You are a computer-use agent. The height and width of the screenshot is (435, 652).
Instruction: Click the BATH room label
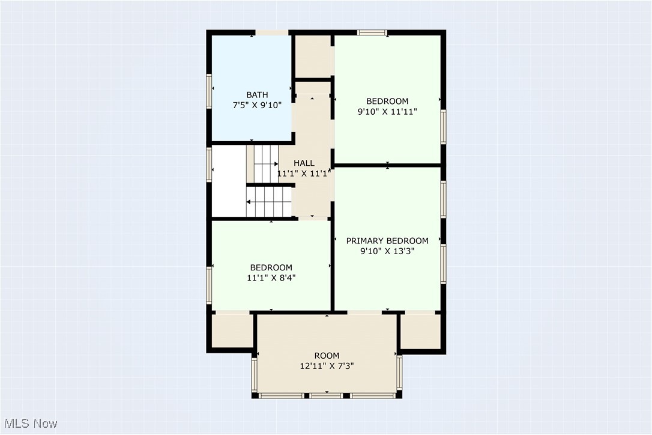tap(257, 95)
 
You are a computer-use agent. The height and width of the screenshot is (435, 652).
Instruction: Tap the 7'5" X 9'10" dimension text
tap(257, 105)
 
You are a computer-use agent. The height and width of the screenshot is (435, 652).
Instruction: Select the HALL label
tap(304, 163)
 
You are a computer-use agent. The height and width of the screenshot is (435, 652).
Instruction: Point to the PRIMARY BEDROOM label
tap(387, 241)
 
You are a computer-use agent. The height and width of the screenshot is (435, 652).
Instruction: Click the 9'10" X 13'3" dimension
tap(387, 251)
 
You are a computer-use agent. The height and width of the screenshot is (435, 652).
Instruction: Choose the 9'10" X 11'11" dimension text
tap(387, 111)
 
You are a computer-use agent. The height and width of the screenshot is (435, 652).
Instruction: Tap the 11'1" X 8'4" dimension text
tap(271, 278)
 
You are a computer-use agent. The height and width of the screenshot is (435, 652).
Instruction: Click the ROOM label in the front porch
tap(327, 355)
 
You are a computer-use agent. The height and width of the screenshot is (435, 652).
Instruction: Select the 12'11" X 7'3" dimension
tap(327, 365)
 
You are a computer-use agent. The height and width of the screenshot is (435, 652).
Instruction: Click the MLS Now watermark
tap(29, 424)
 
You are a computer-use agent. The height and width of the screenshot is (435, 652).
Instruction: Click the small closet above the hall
tap(312, 56)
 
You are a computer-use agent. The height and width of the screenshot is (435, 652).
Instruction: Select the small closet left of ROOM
tap(231, 330)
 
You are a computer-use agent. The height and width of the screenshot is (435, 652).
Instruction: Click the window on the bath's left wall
tap(209, 91)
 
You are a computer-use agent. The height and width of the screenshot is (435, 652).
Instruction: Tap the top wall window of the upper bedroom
tap(372, 32)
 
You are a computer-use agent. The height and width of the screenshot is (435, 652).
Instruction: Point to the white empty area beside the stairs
tap(229, 180)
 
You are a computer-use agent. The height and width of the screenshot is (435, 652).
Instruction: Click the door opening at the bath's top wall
tap(272, 32)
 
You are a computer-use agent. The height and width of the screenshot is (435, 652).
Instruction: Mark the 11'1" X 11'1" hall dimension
tap(304, 174)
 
